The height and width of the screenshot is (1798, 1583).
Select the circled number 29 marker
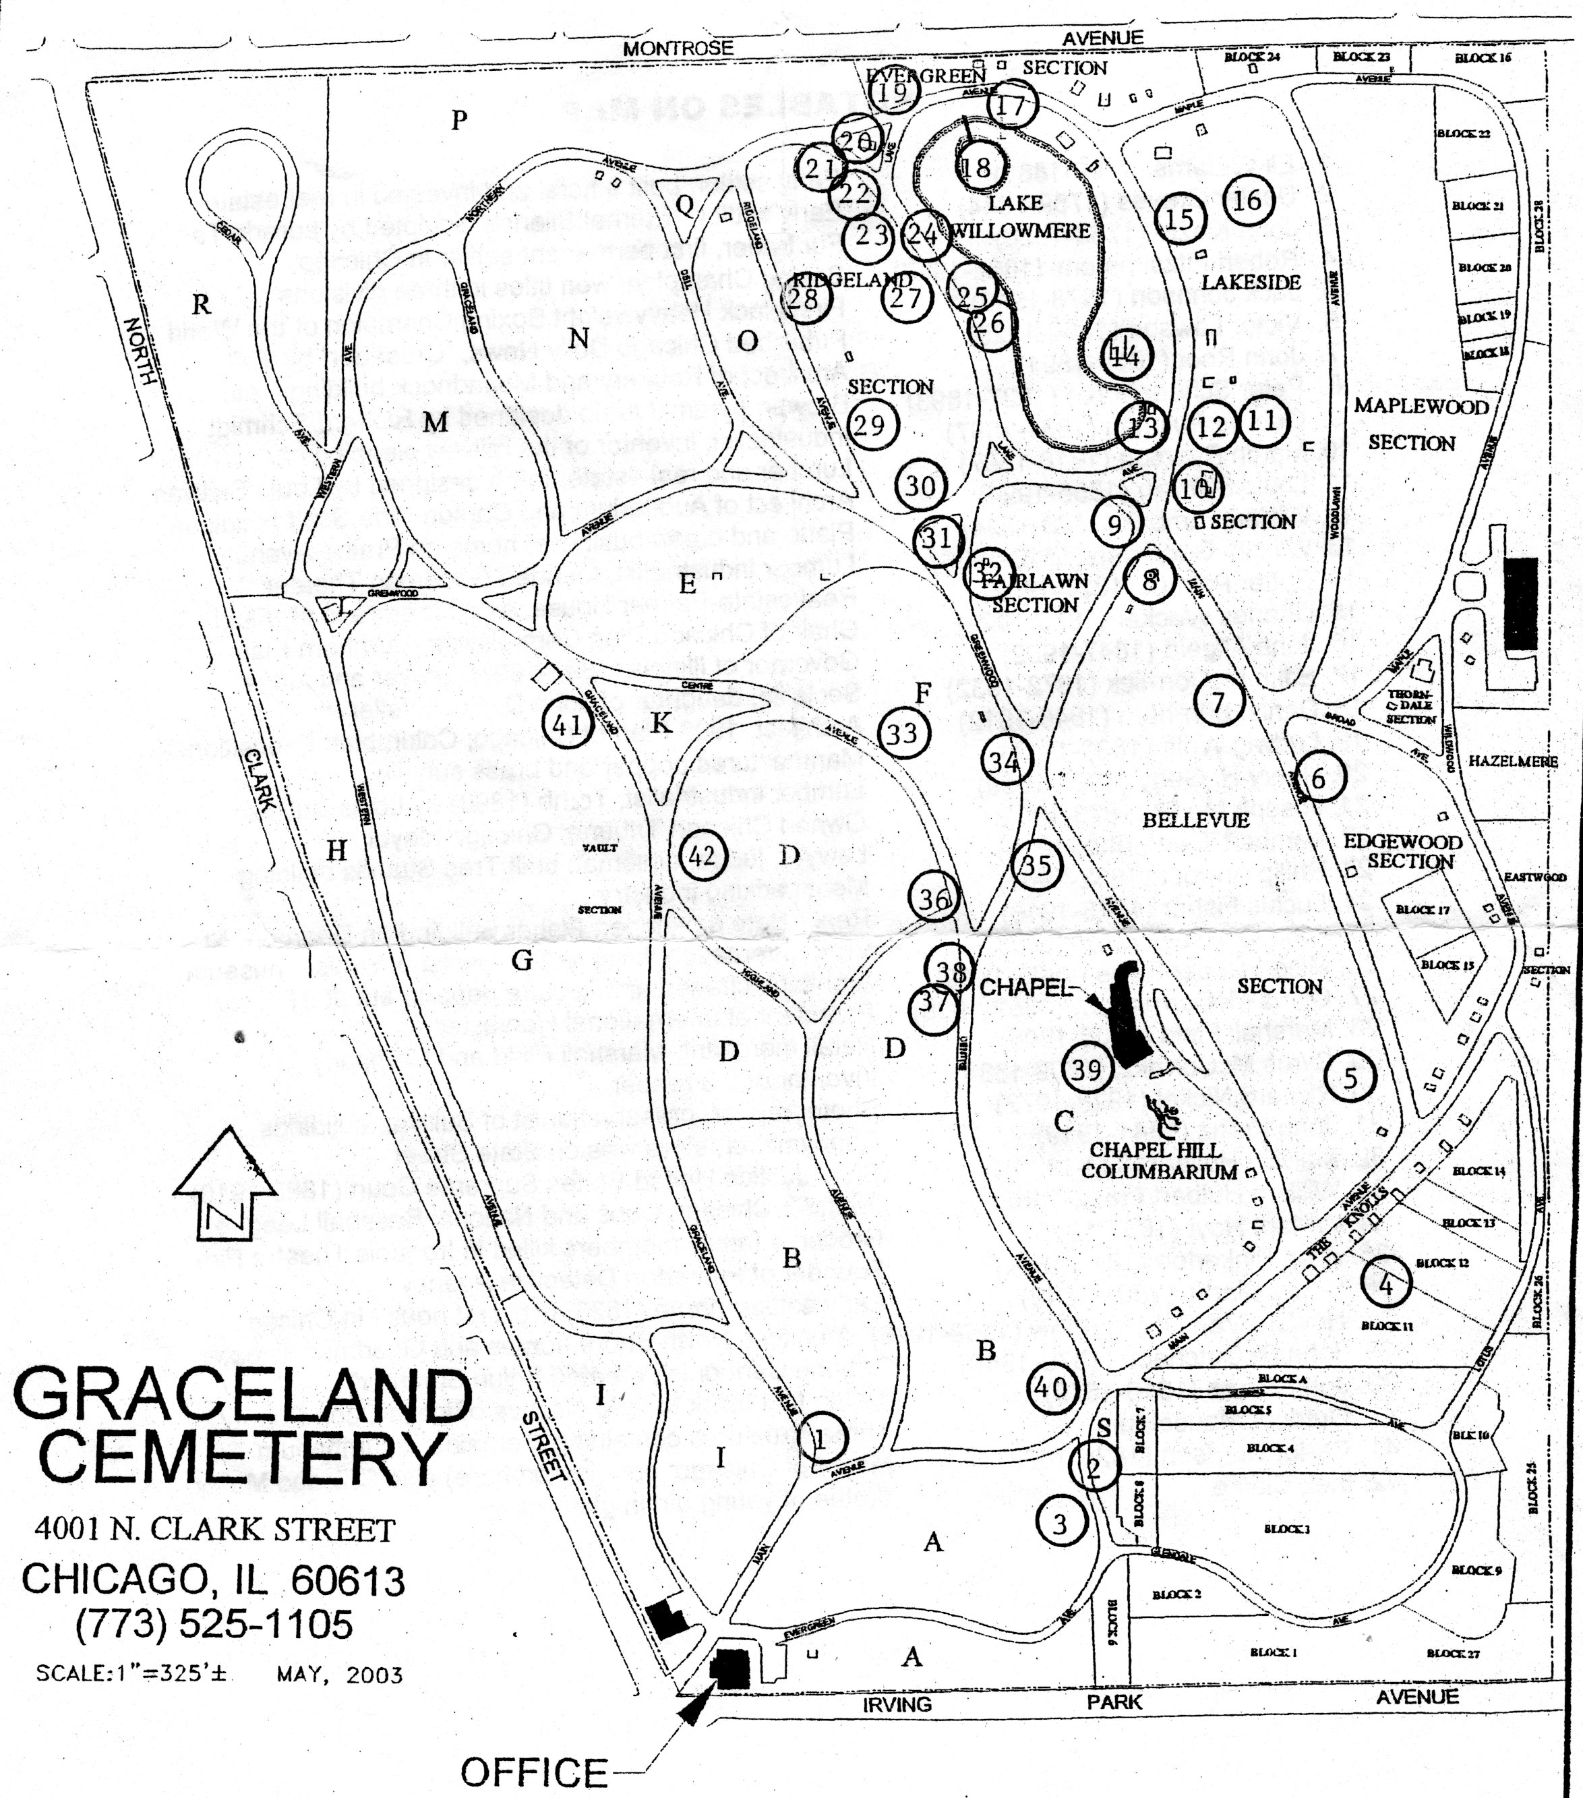[870, 426]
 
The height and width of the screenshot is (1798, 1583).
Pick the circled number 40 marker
[1052, 1387]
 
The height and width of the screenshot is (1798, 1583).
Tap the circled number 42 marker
[702, 855]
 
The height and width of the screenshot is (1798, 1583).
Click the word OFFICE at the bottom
[535, 1772]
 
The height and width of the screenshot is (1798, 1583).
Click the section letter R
[202, 304]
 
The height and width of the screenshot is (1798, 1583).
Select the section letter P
[459, 119]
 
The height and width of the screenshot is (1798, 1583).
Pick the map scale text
[132, 1673]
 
